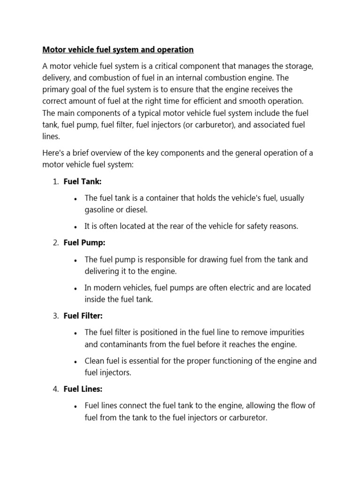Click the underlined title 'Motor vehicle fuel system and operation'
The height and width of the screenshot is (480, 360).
click(118, 49)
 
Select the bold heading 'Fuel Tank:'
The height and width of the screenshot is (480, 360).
click(82, 181)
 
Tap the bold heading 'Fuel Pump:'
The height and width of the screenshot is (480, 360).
click(84, 243)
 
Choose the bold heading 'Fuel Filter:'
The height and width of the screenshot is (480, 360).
click(83, 316)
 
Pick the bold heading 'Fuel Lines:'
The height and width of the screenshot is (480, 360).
click(83, 389)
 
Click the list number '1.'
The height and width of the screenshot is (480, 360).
click(55, 181)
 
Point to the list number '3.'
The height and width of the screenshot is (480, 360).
click(55, 316)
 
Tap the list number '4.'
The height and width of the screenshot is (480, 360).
click(55, 389)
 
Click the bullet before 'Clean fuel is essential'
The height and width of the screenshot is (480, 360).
click(75, 361)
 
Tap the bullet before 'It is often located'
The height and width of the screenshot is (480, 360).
click(75, 227)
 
